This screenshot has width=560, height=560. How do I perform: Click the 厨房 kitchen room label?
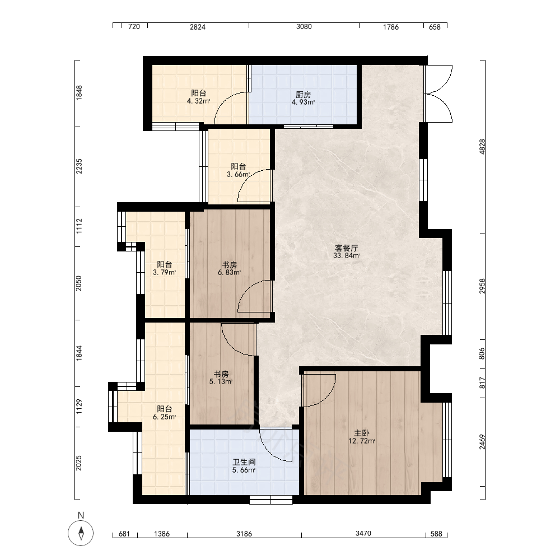click(x=303, y=95)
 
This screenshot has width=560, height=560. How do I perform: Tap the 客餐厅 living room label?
click(x=347, y=248)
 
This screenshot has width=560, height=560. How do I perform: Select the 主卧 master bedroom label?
click(x=362, y=433)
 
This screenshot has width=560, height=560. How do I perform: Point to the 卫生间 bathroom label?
click(x=244, y=462)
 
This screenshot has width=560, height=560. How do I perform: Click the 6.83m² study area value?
click(x=229, y=273)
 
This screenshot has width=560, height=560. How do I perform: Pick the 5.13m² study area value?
click(x=221, y=382)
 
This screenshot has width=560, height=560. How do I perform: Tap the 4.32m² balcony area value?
click(x=198, y=101)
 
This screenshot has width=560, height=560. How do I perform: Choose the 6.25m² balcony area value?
click(x=164, y=417)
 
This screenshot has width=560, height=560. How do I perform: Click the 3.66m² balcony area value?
click(x=238, y=175)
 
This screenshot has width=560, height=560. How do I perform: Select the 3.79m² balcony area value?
click(x=164, y=273)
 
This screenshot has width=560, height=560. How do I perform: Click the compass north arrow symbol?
click(x=81, y=533)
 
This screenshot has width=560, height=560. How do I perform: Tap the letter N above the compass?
click(x=81, y=515)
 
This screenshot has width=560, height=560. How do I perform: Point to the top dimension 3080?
click(x=304, y=27)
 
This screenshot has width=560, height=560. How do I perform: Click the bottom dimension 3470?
click(x=363, y=534)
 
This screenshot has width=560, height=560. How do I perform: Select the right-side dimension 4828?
click(x=482, y=146)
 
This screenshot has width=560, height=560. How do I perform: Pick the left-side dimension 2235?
click(x=79, y=166)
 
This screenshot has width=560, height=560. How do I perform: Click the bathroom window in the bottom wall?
click(x=270, y=500)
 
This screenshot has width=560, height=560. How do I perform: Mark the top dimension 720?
click(x=134, y=27)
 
